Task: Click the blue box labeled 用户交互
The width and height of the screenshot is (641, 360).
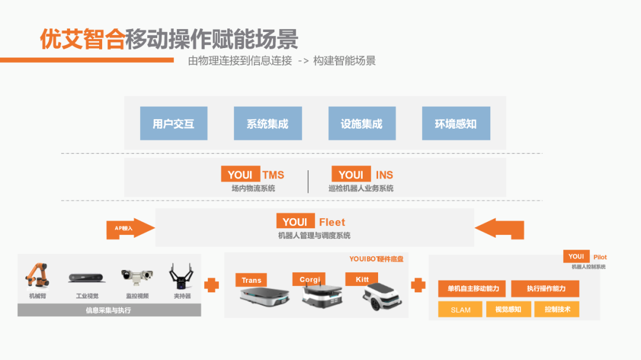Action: (x=173, y=123)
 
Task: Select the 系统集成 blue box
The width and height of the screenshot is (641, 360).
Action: (x=268, y=123)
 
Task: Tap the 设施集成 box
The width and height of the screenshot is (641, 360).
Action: (x=361, y=123)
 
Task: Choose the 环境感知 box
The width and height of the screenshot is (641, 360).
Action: (x=456, y=123)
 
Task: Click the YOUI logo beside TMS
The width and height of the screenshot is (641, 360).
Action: (x=240, y=174)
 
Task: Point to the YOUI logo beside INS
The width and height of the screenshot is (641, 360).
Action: (x=351, y=174)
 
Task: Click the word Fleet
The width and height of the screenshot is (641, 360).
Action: (x=332, y=222)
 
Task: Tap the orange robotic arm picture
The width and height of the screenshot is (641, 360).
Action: (x=37, y=275)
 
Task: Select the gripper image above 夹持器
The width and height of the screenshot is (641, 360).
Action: (x=182, y=275)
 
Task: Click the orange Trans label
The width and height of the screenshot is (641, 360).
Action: (x=252, y=280)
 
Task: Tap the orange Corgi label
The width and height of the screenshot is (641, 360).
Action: (x=309, y=279)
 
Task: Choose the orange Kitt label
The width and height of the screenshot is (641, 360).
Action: (x=361, y=279)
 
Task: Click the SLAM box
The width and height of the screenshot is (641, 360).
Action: (x=461, y=310)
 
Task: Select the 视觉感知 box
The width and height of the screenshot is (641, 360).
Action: (x=508, y=310)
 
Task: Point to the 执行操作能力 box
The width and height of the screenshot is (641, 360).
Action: (x=545, y=289)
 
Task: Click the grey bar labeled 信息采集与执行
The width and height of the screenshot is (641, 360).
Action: (x=109, y=310)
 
